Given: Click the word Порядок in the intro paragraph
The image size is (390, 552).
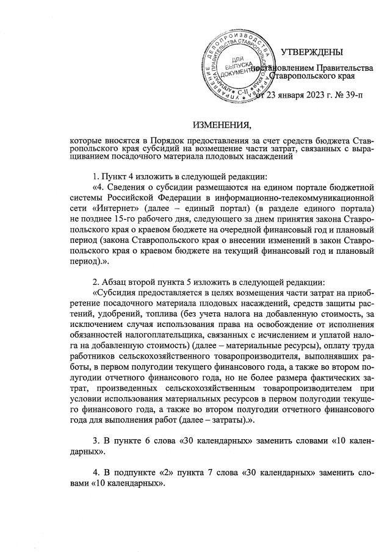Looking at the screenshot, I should coord(169,140).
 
